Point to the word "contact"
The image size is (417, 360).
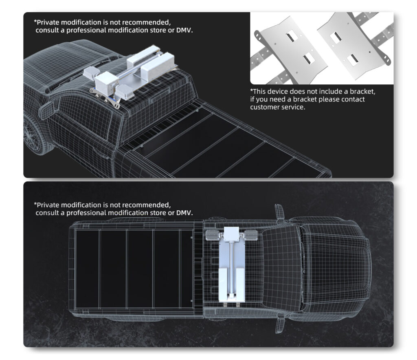353,99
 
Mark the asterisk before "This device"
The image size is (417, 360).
251,90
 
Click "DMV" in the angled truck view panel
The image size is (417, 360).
184,30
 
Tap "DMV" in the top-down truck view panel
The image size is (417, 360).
184,213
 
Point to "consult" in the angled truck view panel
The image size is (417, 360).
47,30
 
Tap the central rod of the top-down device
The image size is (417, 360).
232,267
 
